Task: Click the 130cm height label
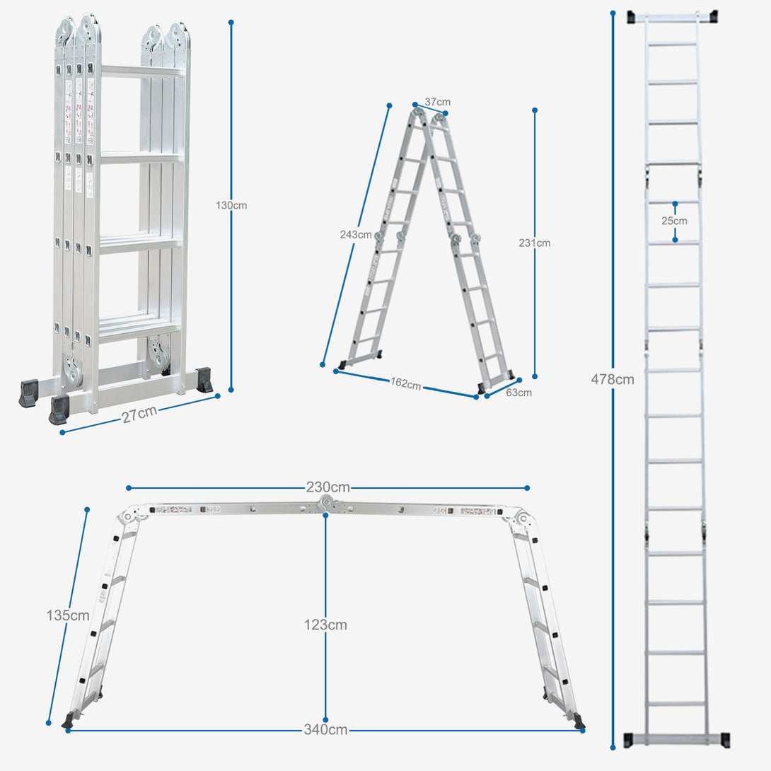point(231,206)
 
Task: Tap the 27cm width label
point(139,415)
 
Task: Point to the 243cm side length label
point(355,235)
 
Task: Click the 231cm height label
point(534,243)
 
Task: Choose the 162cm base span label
point(405,384)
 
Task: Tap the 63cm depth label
point(518,393)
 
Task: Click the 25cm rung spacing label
point(674,221)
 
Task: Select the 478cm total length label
point(613,379)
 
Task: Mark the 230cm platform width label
point(327,487)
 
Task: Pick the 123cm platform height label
point(325,625)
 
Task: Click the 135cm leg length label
point(68,615)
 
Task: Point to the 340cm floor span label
point(326,730)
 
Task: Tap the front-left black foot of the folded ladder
point(59,410)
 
